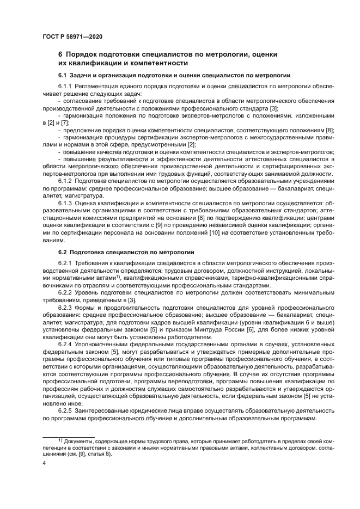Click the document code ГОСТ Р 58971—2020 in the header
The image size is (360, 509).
tap(72, 36)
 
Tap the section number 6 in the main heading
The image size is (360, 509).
tap(60, 54)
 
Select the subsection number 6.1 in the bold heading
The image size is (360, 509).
tap(63, 75)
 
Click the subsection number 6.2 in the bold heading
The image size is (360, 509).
tap(63, 253)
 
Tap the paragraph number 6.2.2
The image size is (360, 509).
tap(65, 293)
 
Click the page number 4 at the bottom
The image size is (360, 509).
tap(44, 462)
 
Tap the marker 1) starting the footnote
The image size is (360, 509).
tap(60, 439)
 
